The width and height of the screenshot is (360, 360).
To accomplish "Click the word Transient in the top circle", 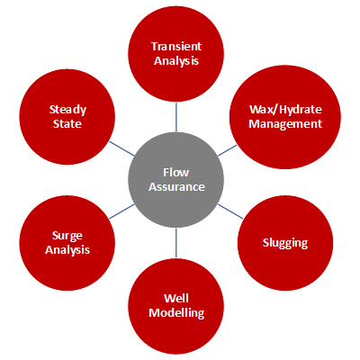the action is [176, 47].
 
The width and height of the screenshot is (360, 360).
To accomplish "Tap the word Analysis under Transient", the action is [176, 61].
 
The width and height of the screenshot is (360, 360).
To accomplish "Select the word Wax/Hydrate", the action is [285, 110].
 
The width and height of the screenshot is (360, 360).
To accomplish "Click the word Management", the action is [285, 124].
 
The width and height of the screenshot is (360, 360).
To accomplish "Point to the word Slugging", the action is [285, 243].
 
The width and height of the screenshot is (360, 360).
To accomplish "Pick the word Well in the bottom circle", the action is [176, 299].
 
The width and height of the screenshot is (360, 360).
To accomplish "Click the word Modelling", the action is [176, 313].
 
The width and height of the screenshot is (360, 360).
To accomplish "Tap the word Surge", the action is [67, 236].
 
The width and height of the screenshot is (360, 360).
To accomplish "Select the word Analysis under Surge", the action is [67, 250].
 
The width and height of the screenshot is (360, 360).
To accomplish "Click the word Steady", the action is [67, 110].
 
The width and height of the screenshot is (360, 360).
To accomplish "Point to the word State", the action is [67, 124].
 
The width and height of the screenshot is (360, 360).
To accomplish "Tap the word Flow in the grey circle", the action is [176, 173].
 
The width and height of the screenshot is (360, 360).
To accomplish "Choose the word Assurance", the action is [176, 187].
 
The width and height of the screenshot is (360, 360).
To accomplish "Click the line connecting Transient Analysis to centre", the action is [176, 117].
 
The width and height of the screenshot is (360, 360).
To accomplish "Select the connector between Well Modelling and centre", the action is [176, 243].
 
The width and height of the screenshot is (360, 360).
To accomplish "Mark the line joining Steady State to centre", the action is [121, 148].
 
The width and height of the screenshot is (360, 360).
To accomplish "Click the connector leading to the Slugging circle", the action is [230, 211].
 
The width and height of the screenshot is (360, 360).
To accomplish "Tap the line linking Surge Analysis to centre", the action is [121, 211].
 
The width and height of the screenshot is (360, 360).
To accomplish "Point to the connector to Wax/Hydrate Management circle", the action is [227, 150].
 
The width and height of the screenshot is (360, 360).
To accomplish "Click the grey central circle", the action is [176, 180].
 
